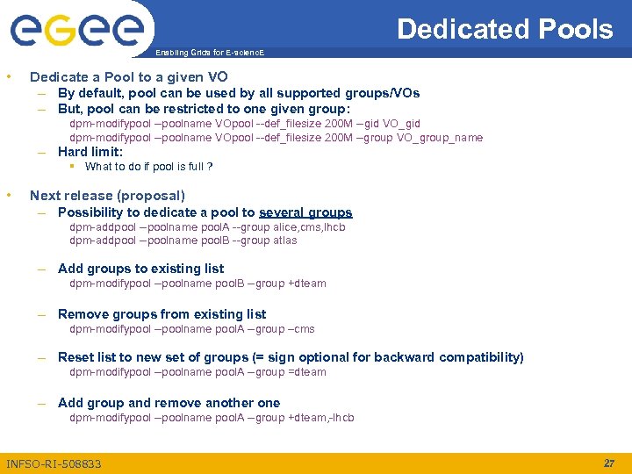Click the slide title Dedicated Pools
(x=505, y=29)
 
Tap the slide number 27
(x=609, y=463)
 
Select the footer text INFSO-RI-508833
(x=54, y=463)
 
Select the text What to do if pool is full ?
(x=149, y=167)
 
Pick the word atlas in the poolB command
(x=285, y=241)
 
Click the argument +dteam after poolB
(x=307, y=284)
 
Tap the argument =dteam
(x=307, y=372)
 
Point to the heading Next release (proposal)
(x=107, y=195)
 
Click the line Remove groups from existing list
(x=162, y=314)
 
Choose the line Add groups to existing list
(x=140, y=269)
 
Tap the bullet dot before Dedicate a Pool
(x=9, y=77)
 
